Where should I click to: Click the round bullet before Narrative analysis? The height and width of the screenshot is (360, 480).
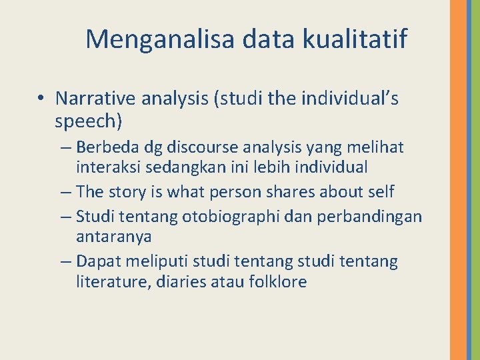click(41, 99)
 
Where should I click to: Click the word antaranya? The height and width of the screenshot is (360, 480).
click(114, 237)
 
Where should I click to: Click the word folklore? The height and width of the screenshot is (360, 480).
click(277, 282)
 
